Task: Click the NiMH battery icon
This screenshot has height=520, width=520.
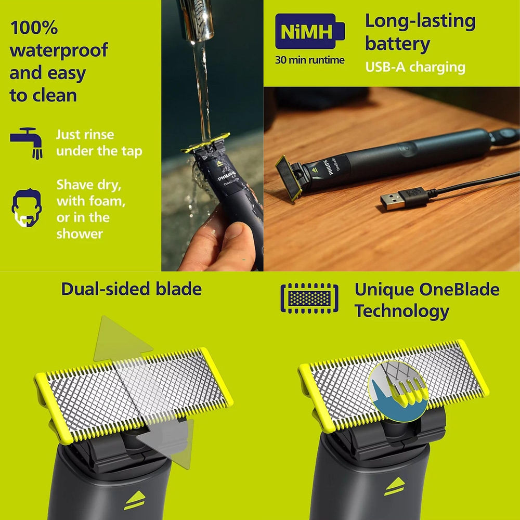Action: [x=310, y=31]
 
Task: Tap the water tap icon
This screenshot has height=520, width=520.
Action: [x=27, y=143]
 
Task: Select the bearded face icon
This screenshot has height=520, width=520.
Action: [x=27, y=207]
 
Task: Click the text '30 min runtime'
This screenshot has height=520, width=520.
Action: [x=310, y=60]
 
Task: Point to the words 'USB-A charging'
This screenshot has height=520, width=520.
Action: [x=415, y=67]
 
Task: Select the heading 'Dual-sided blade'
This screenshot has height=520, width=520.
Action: [x=132, y=289]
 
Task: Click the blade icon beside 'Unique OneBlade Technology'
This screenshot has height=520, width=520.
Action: [x=309, y=298]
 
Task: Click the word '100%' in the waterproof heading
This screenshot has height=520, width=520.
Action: [x=34, y=28]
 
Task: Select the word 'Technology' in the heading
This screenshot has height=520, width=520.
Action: [x=402, y=311]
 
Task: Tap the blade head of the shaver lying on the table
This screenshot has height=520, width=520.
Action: [x=289, y=178]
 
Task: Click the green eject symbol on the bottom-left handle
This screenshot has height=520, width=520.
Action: [x=135, y=500]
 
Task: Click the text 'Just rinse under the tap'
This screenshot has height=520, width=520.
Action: [x=99, y=142]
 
